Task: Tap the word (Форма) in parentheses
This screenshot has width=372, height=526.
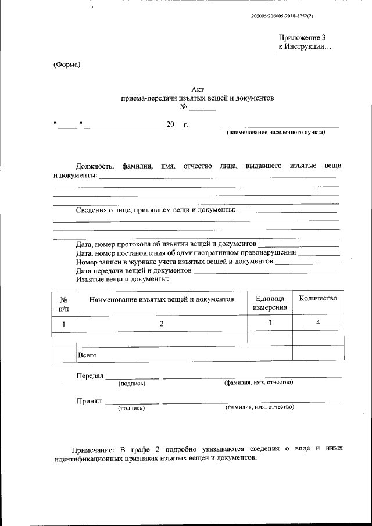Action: coord(66,64)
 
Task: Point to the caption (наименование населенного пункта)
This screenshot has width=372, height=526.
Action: coord(276,132)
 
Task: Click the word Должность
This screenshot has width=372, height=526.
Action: coord(95,166)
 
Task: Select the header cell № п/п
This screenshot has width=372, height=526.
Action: coord(64,303)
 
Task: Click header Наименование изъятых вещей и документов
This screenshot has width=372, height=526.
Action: coord(162,299)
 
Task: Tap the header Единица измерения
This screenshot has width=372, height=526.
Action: coord(270,303)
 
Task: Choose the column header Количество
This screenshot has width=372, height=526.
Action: coord(317,298)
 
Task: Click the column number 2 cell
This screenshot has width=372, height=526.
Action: coord(162,323)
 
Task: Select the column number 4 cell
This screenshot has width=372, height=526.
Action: coord(317,322)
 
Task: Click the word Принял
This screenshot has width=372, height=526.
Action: coord(89,401)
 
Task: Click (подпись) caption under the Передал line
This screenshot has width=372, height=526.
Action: coord(132,384)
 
